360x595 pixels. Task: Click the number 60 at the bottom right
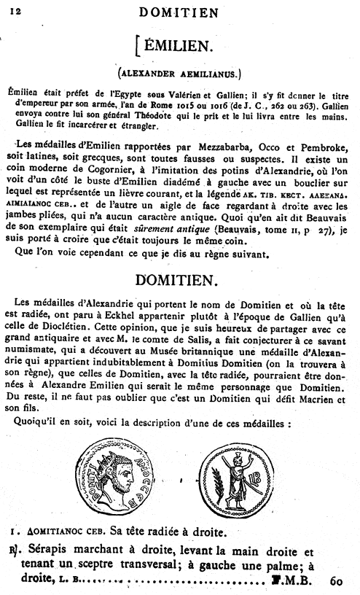click(335, 581)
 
